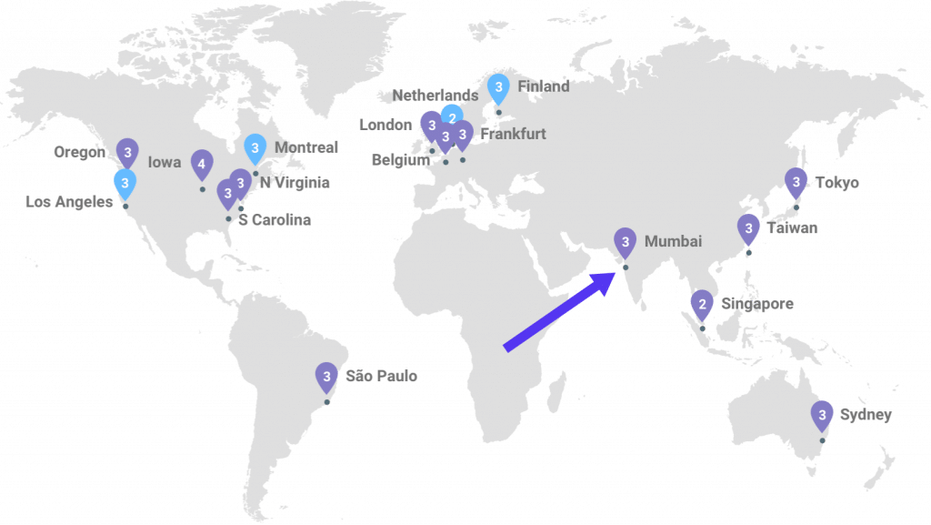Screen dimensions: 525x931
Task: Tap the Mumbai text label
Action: pyautogui.click(x=673, y=242)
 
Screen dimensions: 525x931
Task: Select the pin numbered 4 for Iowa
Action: pyautogui.click(x=203, y=165)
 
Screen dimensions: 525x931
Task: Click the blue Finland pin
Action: pyautogui.click(x=498, y=88)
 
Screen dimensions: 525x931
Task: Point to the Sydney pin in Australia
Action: pyautogui.click(x=822, y=416)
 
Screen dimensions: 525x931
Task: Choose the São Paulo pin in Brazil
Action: pyautogui.click(x=326, y=376)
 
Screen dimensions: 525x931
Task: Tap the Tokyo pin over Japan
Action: pyautogui.click(x=796, y=183)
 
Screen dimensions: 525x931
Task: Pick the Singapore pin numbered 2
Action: pyautogui.click(x=702, y=304)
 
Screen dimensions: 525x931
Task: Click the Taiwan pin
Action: pyautogui.click(x=748, y=227)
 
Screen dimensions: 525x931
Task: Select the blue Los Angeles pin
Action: pyautogui.click(x=125, y=184)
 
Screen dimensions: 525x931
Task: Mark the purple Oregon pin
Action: pyautogui.click(x=128, y=151)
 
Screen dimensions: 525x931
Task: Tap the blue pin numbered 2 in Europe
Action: pyautogui.click(x=452, y=116)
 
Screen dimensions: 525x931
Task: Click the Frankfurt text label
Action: pyautogui.click(x=513, y=134)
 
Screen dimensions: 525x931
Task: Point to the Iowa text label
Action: pyautogui.click(x=165, y=162)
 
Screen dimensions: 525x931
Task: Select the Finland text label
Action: pyautogui.click(x=543, y=86)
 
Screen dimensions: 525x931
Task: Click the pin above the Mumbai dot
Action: pyautogui.click(x=626, y=241)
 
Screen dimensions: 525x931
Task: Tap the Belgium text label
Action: pyautogui.click(x=401, y=159)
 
